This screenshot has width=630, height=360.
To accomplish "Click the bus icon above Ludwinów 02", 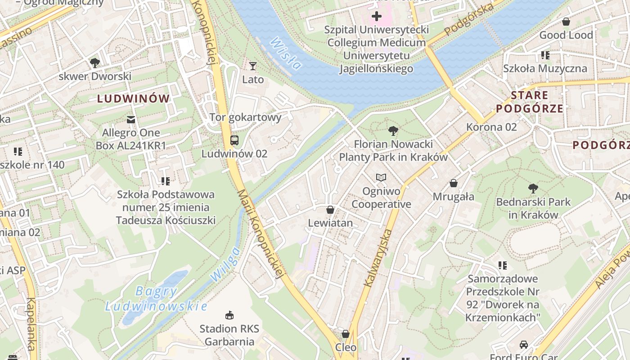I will tap(234, 140).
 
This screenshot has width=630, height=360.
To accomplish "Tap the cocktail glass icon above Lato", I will tap(253, 66).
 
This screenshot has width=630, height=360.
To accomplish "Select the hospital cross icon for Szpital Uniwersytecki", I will tap(376, 17).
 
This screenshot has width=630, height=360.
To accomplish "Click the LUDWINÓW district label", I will tap(134, 99).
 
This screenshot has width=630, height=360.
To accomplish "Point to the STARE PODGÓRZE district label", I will tap(530, 102).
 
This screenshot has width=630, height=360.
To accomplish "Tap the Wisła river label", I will tap(285, 53).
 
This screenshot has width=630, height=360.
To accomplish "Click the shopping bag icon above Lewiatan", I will tap(330, 210).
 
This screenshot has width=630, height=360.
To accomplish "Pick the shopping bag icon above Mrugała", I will tap(454, 183).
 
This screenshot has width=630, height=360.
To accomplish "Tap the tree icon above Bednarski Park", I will tap(533, 188).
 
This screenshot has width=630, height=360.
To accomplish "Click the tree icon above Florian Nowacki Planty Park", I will tap(393, 131).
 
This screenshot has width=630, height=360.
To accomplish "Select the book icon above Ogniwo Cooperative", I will tap(381, 178).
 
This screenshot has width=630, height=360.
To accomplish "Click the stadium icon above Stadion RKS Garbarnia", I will tap(229, 315).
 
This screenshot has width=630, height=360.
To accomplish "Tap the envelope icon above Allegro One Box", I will tap(131, 119).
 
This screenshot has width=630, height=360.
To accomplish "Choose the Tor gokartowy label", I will tap(245, 117).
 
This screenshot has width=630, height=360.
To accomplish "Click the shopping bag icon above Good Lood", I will tap(566, 21).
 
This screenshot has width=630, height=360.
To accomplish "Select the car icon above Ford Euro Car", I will tap(524, 344).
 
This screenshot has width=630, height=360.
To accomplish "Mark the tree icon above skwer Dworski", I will tap(94, 63).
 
